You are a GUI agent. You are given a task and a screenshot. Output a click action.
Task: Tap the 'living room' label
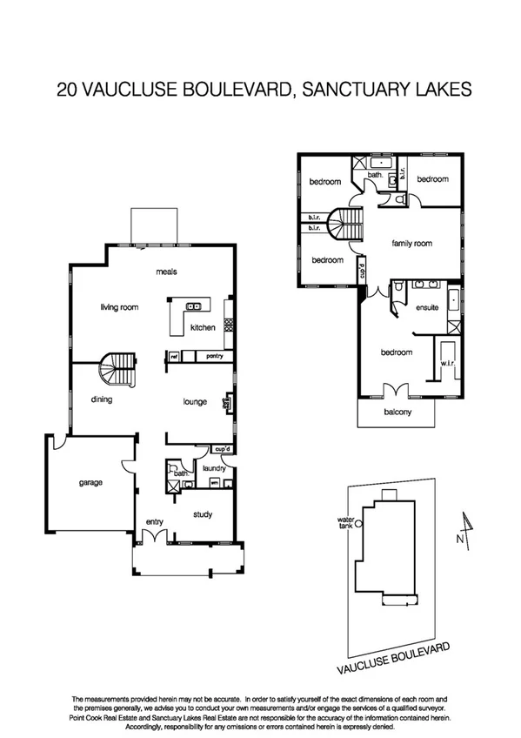[x=120, y=306]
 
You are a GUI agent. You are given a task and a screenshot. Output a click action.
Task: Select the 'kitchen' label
[x=203, y=327]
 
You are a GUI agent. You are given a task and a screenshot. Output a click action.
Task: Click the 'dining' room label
[x=102, y=399]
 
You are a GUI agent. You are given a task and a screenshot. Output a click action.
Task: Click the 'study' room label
[x=202, y=514]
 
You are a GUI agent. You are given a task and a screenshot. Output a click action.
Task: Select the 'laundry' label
[x=213, y=468]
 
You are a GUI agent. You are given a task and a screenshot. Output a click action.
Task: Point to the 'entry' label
[x=155, y=521]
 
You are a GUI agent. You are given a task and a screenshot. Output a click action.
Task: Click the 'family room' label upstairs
[x=411, y=244]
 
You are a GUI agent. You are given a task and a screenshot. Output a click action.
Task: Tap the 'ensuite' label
[x=427, y=307]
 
